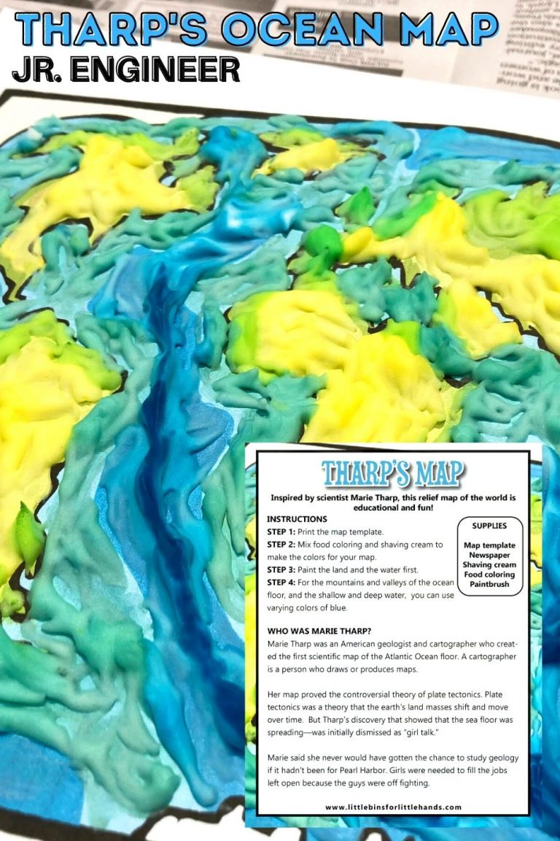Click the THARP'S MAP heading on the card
tap(393, 473)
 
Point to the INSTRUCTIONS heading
tap(297, 518)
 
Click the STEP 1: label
tap(281, 531)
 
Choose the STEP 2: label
tap(281, 545)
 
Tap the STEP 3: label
tap(281, 570)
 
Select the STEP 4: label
tap(281, 583)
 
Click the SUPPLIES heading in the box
tap(489, 526)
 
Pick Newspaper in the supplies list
tap(489, 555)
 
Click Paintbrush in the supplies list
tap(489, 584)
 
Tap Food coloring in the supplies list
tap(489, 575)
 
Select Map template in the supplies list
tap(489, 545)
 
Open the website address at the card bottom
tap(393, 807)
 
